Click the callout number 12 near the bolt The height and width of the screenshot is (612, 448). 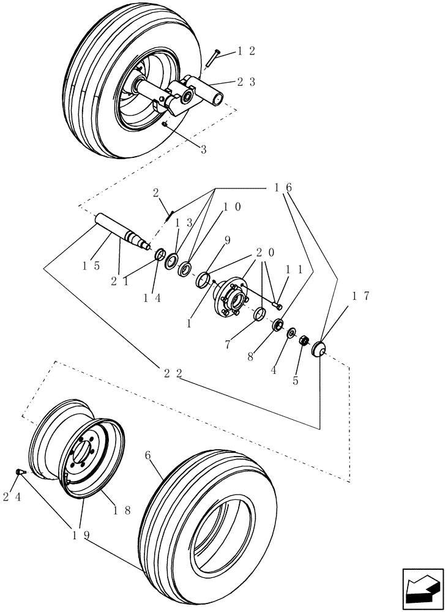click(x=246, y=51)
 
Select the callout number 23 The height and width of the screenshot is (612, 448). click(x=246, y=81)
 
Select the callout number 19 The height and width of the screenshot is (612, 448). click(x=80, y=534)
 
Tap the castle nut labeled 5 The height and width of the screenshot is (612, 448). click(x=302, y=340)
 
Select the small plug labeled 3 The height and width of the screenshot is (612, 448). click(x=166, y=124)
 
